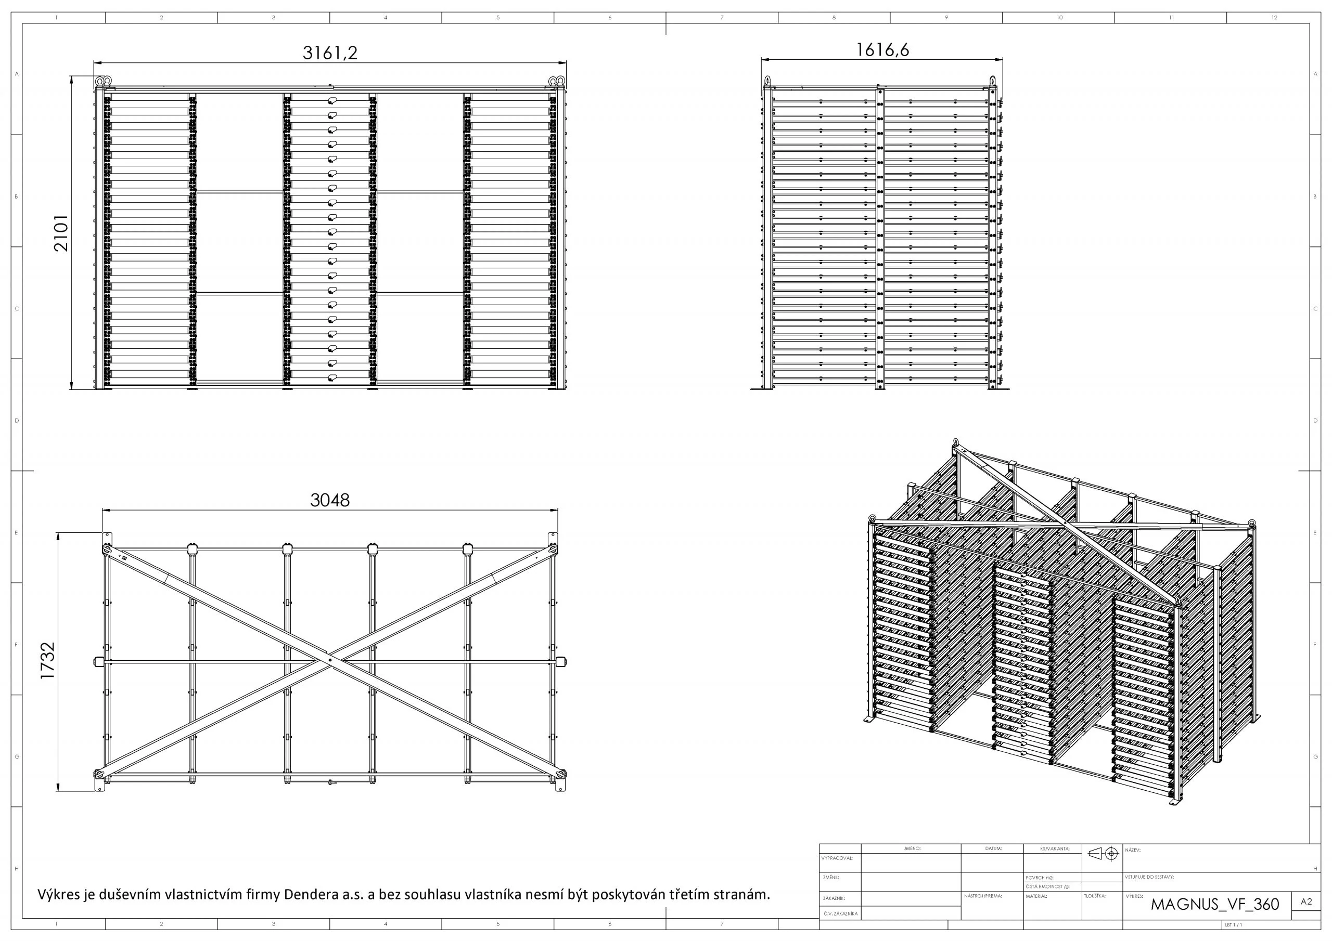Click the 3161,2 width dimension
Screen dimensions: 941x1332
coord(329,53)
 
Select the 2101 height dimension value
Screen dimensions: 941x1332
coord(61,233)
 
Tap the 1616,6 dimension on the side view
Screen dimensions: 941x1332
coord(882,50)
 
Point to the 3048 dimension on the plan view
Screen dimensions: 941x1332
coord(329,500)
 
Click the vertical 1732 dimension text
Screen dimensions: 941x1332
coord(47,661)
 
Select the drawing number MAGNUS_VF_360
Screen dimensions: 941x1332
coord(1215,905)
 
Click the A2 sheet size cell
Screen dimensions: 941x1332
coord(1306,901)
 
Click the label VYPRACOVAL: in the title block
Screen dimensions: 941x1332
coord(837,858)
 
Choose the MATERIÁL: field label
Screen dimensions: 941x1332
coord(1036,896)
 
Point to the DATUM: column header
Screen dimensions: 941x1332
coord(993,849)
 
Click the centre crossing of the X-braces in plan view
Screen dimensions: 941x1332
coord(329,660)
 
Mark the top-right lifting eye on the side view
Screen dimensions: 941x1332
coord(993,81)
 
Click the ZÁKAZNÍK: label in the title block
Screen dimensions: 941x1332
coord(833,898)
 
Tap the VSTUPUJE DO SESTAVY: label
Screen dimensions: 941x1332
coord(1149,877)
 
